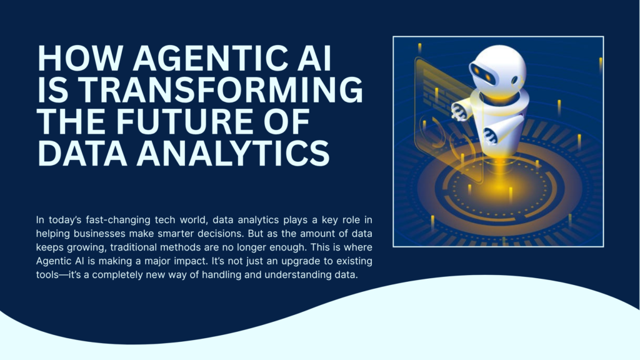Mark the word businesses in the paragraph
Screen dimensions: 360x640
pyautogui.click(x=118, y=234)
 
